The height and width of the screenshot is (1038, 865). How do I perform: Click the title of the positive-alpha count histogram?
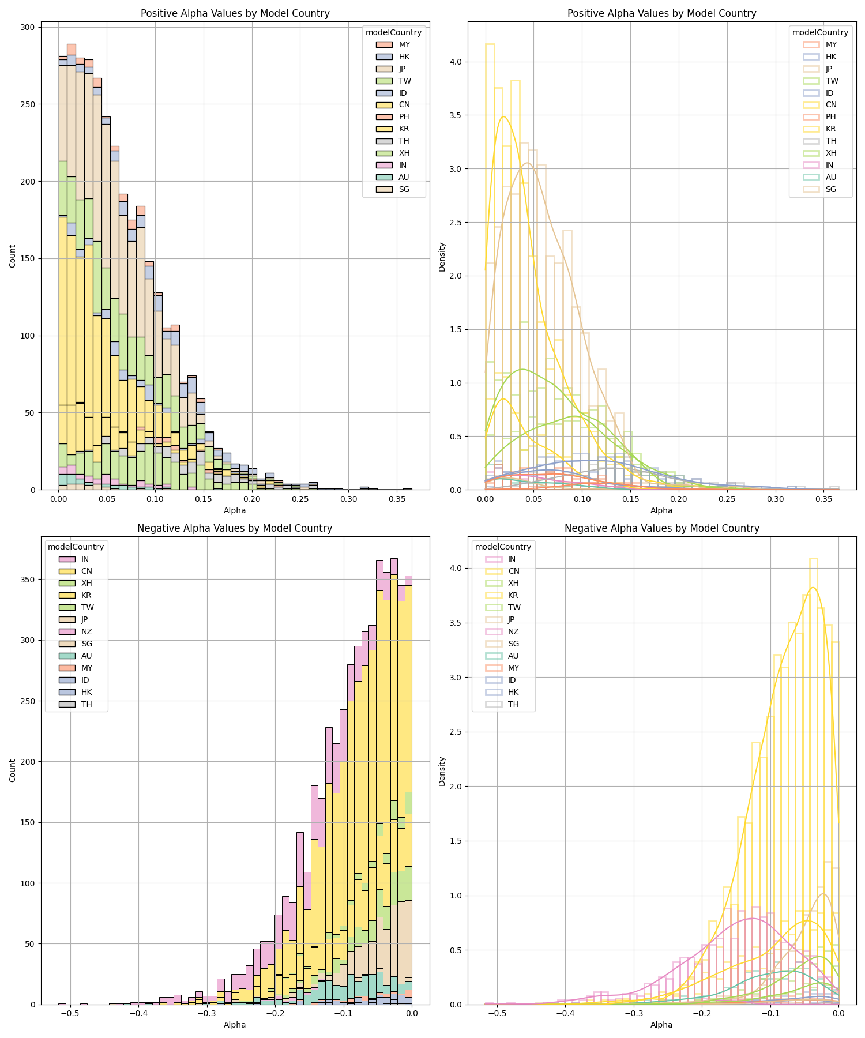click(x=235, y=13)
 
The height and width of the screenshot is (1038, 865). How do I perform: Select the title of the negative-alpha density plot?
click(x=661, y=528)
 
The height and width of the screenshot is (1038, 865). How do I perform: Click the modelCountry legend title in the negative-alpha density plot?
click(x=503, y=547)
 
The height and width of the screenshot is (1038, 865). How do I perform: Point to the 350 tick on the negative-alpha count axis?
click(x=28, y=580)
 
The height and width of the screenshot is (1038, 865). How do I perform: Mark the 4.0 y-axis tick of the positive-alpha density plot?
click(x=457, y=62)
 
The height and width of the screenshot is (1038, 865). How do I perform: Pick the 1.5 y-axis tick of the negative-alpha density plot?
click(x=457, y=841)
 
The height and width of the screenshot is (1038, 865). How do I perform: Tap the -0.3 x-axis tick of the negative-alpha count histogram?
click(x=206, y=1013)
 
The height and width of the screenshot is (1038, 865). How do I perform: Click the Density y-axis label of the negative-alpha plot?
click(x=442, y=771)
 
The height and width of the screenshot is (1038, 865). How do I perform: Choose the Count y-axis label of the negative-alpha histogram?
click(x=13, y=771)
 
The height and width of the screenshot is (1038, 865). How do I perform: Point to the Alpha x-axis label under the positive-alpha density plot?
click(x=661, y=510)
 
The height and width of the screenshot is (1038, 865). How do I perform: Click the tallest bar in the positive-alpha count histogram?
click(x=72, y=267)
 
